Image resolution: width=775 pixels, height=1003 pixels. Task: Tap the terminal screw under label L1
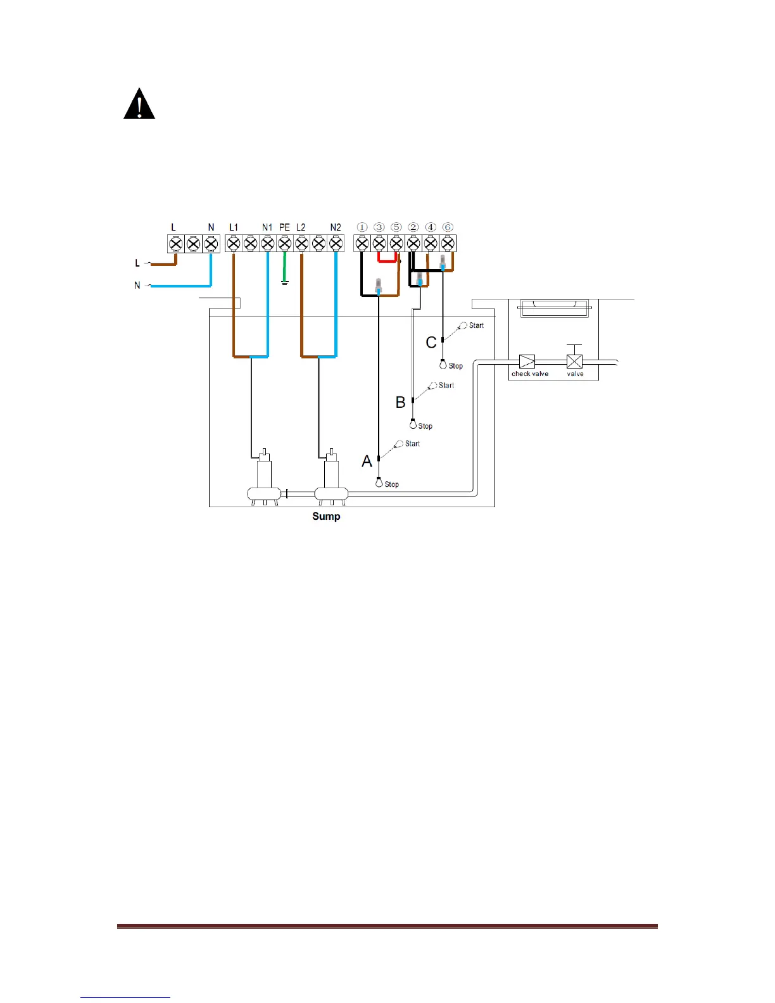234,243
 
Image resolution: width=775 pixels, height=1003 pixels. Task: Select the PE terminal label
284,227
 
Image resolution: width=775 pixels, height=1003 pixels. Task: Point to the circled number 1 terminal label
362,227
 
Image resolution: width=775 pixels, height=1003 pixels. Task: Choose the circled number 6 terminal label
448,227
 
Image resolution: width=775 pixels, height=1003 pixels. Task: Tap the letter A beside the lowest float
367,462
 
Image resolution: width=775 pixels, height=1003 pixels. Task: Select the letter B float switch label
400,402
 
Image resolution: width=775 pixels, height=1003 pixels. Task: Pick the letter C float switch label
431,343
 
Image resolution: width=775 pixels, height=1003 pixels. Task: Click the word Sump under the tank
326,516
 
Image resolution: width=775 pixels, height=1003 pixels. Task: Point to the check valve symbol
527,362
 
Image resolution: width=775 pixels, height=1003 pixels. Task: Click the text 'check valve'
530,374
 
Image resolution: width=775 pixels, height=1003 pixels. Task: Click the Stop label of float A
391,484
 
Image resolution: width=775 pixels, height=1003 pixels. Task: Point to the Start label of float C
476,325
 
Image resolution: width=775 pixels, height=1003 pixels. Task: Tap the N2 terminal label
336,227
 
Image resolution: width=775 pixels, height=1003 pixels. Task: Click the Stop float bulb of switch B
413,424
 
